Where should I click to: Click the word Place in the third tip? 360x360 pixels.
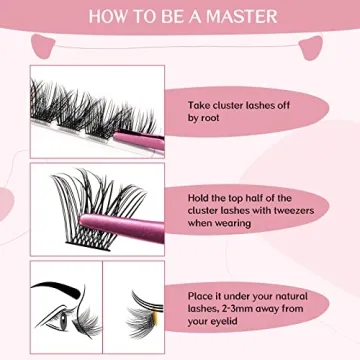(x=204, y=297)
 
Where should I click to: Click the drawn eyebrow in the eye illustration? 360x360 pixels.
(x=59, y=292)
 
